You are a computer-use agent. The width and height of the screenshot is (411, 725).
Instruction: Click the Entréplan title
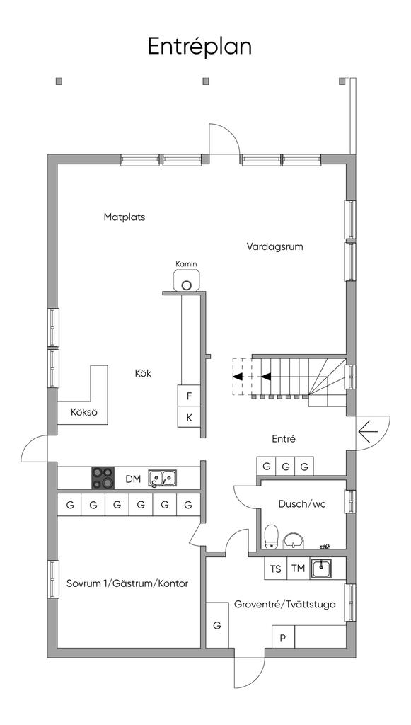199,47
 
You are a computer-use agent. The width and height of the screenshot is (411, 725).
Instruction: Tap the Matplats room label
125,217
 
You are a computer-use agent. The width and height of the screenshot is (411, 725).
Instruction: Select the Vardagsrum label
274,246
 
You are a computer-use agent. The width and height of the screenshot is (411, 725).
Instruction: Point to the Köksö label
84,413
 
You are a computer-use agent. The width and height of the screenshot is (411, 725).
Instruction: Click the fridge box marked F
190,396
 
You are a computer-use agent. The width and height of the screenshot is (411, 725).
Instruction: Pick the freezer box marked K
190,418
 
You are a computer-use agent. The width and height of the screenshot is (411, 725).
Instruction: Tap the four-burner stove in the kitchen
103,478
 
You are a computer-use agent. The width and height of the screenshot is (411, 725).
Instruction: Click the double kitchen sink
162,479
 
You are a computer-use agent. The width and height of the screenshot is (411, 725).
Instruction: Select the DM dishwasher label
133,479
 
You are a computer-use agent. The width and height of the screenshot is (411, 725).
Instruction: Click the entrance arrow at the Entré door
368,432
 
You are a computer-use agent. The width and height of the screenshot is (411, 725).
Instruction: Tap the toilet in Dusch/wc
271,537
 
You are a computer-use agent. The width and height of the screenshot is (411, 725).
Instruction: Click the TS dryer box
275,569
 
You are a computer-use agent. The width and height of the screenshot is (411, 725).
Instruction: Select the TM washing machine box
299,569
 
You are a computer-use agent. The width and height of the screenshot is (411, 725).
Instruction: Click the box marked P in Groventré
283,639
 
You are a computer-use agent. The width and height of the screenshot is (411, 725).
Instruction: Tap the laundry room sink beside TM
321,568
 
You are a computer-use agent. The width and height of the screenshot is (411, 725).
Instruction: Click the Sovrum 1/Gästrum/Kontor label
127,583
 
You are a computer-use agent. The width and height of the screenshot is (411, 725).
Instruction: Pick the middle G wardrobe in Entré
285,467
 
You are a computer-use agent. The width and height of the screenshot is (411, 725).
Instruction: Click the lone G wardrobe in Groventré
217,625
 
